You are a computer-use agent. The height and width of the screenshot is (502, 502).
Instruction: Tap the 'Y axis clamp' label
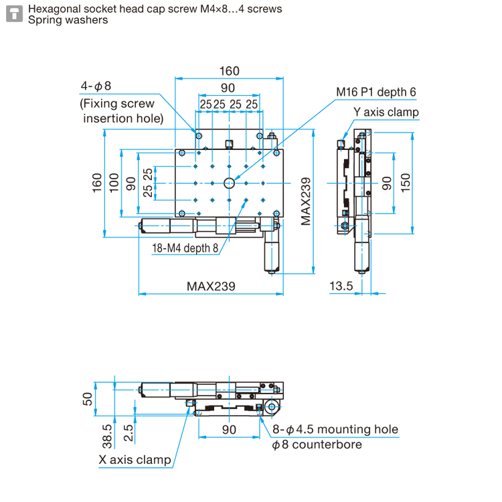[x=386, y=112]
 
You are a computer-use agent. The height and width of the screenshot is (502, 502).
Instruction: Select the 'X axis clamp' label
[x=135, y=460]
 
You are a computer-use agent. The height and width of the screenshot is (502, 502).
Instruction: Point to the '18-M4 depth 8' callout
[x=185, y=248]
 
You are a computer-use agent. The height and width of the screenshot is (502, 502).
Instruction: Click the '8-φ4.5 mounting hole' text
[x=335, y=430]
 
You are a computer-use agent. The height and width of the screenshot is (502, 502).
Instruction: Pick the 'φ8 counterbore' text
[x=317, y=444]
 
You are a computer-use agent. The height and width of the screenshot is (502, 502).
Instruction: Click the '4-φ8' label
[x=96, y=86]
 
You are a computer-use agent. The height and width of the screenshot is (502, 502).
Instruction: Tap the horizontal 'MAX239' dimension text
[x=211, y=286]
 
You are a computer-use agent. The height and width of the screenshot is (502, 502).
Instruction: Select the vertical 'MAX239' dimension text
[x=306, y=201]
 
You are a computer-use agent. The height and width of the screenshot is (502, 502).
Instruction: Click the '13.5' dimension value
[x=341, y=286]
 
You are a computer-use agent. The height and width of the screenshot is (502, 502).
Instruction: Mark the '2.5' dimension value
[x=128, y=434]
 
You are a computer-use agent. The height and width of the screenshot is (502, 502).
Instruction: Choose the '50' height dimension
[x=87, y=399]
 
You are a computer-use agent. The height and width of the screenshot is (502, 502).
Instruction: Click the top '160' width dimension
[x=228, y=71]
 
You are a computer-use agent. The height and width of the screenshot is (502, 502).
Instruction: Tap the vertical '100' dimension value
[x=113, y=182]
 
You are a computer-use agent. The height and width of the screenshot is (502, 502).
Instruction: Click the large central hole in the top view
[x=229, y=182]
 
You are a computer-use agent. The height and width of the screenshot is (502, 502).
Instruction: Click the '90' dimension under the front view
[x=229, y=430]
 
